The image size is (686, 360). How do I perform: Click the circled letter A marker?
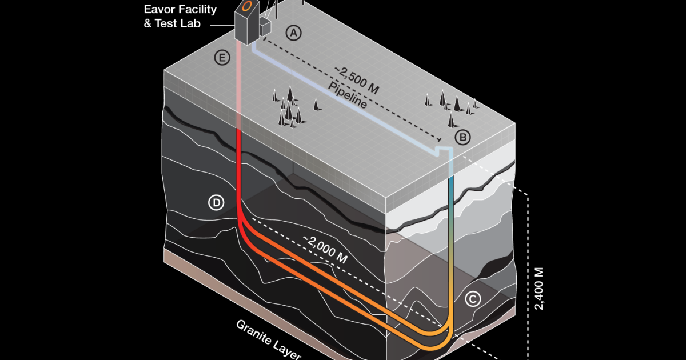click(294, 33)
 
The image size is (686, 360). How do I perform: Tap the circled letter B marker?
click(462, 137)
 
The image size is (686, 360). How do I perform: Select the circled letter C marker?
click(472, 298)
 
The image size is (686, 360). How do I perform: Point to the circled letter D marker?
click(216, 203)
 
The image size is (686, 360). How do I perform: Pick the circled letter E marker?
click(221, 57)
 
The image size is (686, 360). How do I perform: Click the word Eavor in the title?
click(162, 10)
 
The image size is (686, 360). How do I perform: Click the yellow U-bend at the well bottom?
click(443, 337)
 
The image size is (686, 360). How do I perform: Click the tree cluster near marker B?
click(452, 106)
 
